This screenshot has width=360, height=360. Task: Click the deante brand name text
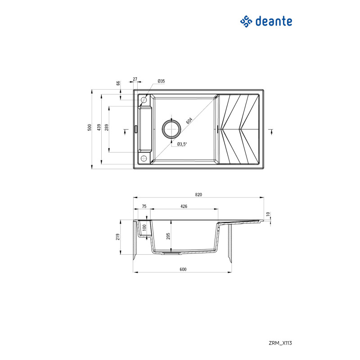[x=274, y=21]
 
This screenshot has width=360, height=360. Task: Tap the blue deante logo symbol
[x=246, y=21]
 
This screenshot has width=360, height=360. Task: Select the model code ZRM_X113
[x=280, y=343]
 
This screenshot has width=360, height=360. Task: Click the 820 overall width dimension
[x=198, y=195]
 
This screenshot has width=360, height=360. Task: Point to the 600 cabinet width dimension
[x=183, y=269]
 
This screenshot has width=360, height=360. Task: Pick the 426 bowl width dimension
[x=184, y=207]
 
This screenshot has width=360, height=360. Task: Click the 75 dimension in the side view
[x=144, y=207]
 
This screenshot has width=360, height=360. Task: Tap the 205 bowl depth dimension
[x=168, y=236]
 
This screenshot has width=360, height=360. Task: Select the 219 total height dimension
[x=118, y=237]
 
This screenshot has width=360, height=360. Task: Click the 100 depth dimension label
[x=144, y=228]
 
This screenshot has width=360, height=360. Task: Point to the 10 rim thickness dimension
[x=268, y=214]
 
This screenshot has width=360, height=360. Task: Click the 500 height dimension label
[x=89, y=127]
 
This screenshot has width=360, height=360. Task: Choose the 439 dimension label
[x=99, y=127]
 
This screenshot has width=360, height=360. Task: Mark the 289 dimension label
[x=107, y=127]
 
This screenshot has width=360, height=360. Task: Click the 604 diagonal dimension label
[x=189, y=121]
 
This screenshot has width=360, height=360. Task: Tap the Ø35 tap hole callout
[x=161, y=81]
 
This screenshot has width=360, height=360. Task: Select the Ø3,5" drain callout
[x=182, y=144]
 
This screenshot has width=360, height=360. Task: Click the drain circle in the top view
[x=171, y=129]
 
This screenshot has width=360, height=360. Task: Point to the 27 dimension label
[x=135, y=79]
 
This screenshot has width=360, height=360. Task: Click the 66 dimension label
[x=118, y=83]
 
